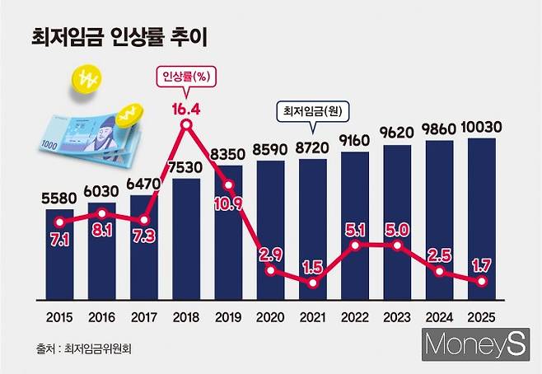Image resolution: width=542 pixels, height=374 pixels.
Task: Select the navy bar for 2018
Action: tap(186, 239)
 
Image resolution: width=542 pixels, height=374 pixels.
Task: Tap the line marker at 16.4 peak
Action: tap(187, 125)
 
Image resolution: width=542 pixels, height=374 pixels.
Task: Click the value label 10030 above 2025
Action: tap(482, 128)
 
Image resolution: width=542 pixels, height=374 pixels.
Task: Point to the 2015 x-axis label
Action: tap(59, 316)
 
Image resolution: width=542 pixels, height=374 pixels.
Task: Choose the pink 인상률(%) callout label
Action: tap(185, 79)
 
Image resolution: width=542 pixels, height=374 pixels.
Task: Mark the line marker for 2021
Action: tap(313, 283)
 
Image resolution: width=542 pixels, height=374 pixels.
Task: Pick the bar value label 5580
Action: tap(59, 199)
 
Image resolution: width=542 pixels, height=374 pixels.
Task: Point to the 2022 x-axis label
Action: tap(355, 316)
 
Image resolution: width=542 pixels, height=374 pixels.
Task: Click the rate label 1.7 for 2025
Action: tap(482, 265)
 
